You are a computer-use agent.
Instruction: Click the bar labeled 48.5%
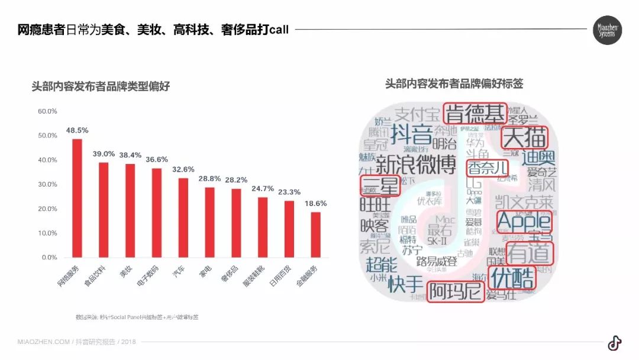(78, 198)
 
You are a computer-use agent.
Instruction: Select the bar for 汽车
(183, 218)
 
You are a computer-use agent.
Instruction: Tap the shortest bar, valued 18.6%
(316, 234)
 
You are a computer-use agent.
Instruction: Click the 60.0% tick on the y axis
(47, 111)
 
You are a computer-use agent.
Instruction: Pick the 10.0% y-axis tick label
(47, 233)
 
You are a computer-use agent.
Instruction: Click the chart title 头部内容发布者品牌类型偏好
(101, 86)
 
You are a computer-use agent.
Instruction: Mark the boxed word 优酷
(512, 277)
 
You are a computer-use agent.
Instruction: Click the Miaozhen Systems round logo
(607, 30)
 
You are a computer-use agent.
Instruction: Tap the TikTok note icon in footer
(614, 343)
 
